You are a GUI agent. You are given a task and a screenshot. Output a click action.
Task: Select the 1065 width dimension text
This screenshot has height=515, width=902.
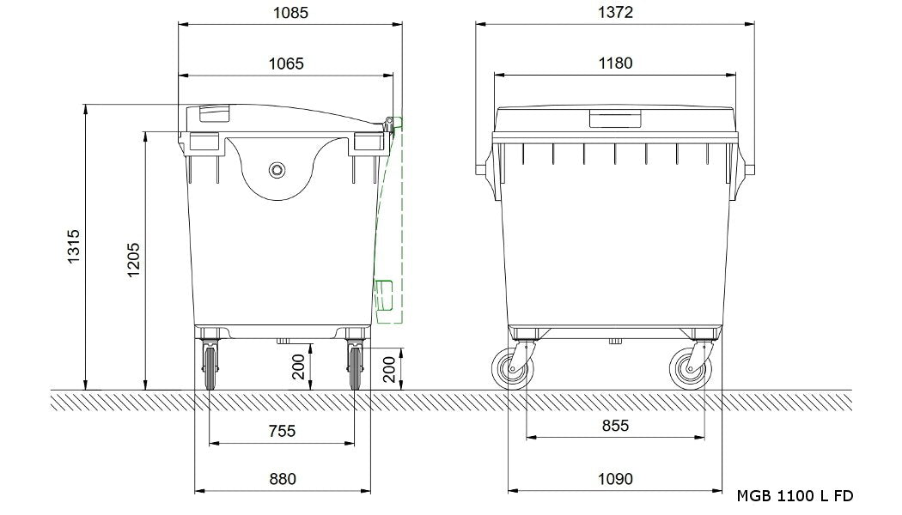286,63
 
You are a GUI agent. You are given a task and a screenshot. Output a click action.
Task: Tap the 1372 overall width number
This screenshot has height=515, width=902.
614,12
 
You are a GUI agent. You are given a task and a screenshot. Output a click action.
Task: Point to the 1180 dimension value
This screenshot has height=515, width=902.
614,63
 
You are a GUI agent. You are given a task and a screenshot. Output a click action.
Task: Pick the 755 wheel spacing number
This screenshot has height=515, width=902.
281,431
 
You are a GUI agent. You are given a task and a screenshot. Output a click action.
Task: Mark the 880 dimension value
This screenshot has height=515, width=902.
282,478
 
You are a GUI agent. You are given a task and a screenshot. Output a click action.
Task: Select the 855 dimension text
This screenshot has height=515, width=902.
614,425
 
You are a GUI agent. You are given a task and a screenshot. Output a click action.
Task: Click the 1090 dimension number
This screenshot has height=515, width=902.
614,478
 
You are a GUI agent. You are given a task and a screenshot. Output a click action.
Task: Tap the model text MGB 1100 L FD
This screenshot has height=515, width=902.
795,496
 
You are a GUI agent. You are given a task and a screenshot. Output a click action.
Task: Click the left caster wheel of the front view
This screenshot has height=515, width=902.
513,369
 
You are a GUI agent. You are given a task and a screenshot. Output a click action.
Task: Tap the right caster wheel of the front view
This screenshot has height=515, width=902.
691,369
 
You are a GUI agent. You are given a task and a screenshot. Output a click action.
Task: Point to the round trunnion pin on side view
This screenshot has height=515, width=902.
277,169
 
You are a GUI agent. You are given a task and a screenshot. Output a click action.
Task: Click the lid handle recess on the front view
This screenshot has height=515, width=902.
614,118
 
